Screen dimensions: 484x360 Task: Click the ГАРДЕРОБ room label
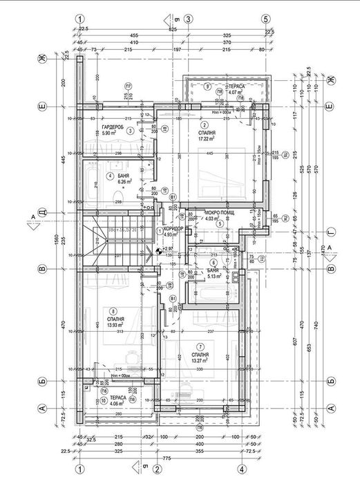113,129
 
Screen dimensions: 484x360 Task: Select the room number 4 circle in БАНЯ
109,176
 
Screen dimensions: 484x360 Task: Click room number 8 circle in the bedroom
113,310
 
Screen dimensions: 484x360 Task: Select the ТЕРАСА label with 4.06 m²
117,399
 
